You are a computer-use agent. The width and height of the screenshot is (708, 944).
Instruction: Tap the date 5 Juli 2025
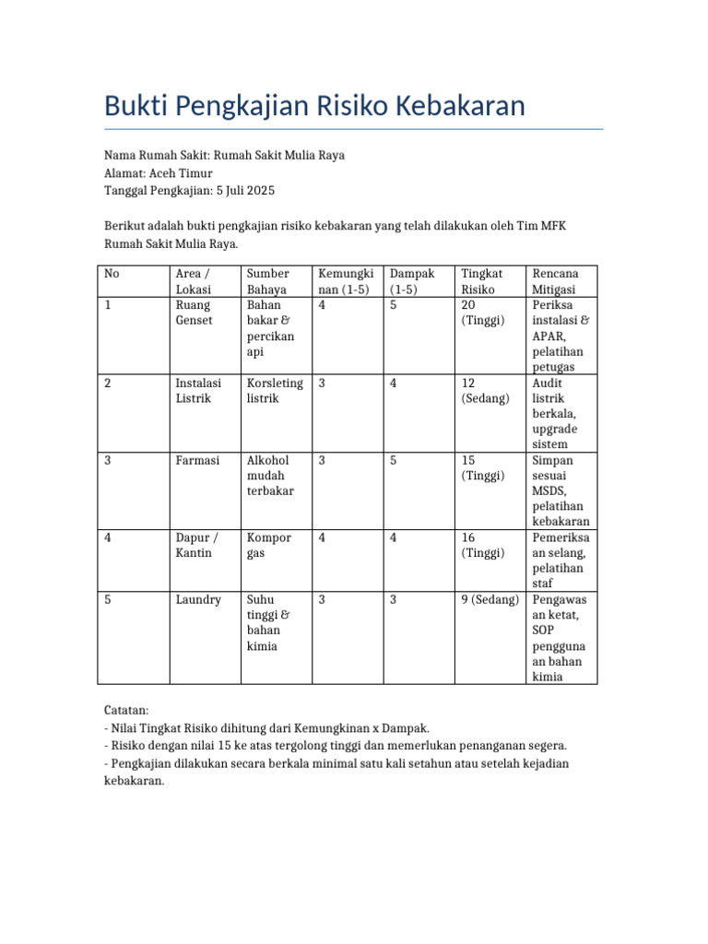click(x=245, y=191)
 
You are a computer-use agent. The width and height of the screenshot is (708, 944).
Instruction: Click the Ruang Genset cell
click(x=193, y=313)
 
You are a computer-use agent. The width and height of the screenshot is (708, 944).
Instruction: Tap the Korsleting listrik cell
click(x=275, y=391)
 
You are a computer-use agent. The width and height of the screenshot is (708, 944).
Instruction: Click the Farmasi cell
click(x=197, y=461)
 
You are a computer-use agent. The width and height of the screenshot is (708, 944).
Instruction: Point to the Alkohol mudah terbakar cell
click(x=270, y=476)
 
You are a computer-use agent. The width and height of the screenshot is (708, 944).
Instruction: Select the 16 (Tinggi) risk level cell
click(x=483, y=545)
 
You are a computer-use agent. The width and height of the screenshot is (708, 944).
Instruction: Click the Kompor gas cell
click(x=269, y=545)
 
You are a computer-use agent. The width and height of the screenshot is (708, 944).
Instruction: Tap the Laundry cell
click(x=198, y=600)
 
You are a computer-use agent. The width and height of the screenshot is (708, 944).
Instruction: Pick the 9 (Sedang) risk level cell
click(x=490, y=600)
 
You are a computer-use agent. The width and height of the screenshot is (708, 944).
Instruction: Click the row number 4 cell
click(x=108, y=537)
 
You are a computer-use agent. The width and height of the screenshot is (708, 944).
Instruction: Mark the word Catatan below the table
click(x=126, y=711)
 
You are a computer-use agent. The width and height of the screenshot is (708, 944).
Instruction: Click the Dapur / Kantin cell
click(x=197, y=545)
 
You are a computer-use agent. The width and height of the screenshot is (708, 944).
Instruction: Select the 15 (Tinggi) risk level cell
click(x=483, y=468)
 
